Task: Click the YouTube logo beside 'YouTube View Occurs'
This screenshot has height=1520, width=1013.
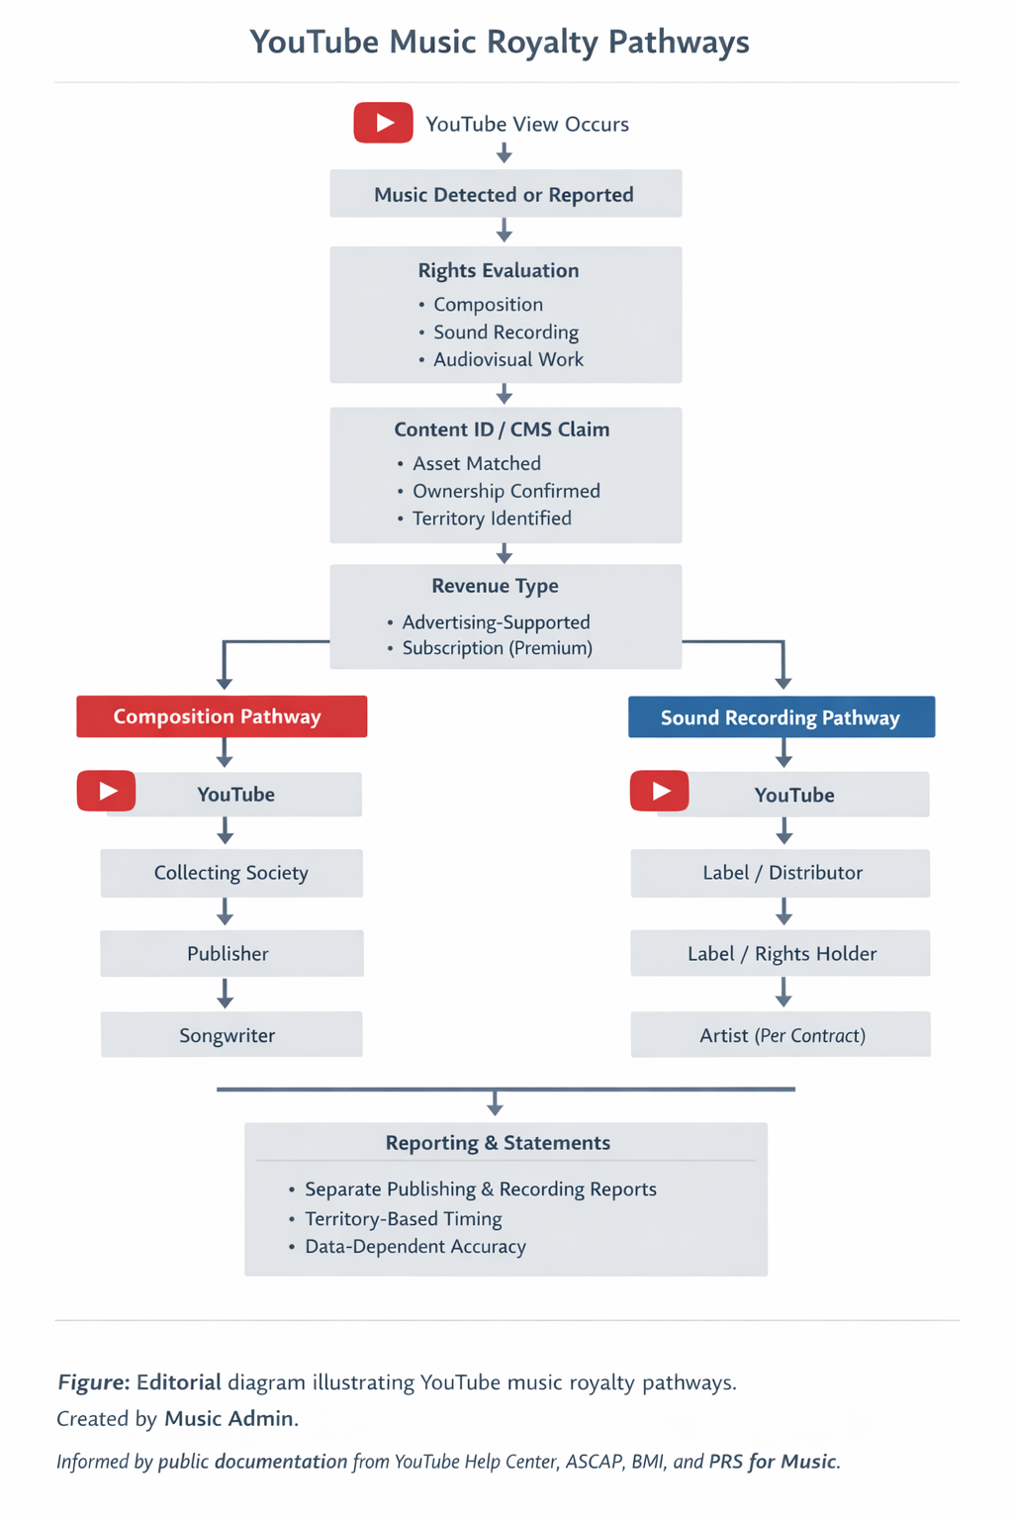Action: [x=383, y=123]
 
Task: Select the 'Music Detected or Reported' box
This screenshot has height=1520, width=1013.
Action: [x=506, y=193]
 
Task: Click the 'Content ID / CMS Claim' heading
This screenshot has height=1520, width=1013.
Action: [x=503, y=429]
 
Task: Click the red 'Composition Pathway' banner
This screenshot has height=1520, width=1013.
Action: [x=222, y=716]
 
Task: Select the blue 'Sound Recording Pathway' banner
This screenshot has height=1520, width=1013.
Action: [x=782, y=717]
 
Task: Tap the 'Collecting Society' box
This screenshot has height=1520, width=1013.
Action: [x=231, y=873]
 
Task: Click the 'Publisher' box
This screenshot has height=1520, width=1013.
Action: [x=232, y=953]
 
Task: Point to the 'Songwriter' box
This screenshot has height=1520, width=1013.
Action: [x=231, y=1035]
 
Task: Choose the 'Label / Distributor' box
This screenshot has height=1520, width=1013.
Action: [x=781, y=873]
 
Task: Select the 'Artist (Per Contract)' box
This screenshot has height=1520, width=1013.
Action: [x=781, y=1035]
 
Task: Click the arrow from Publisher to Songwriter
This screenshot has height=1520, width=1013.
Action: [x=226, y=994]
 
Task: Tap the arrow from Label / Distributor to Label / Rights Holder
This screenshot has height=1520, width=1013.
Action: [x=783, y=912]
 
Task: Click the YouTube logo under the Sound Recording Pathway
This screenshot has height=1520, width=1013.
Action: [x=660, y=792]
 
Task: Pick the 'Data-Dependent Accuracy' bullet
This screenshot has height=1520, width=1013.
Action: [x=415, y=1247]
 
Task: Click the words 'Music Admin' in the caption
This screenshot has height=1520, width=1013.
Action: [x=230, y=1419]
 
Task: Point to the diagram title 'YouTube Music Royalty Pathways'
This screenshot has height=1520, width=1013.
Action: [x=500, y=43]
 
